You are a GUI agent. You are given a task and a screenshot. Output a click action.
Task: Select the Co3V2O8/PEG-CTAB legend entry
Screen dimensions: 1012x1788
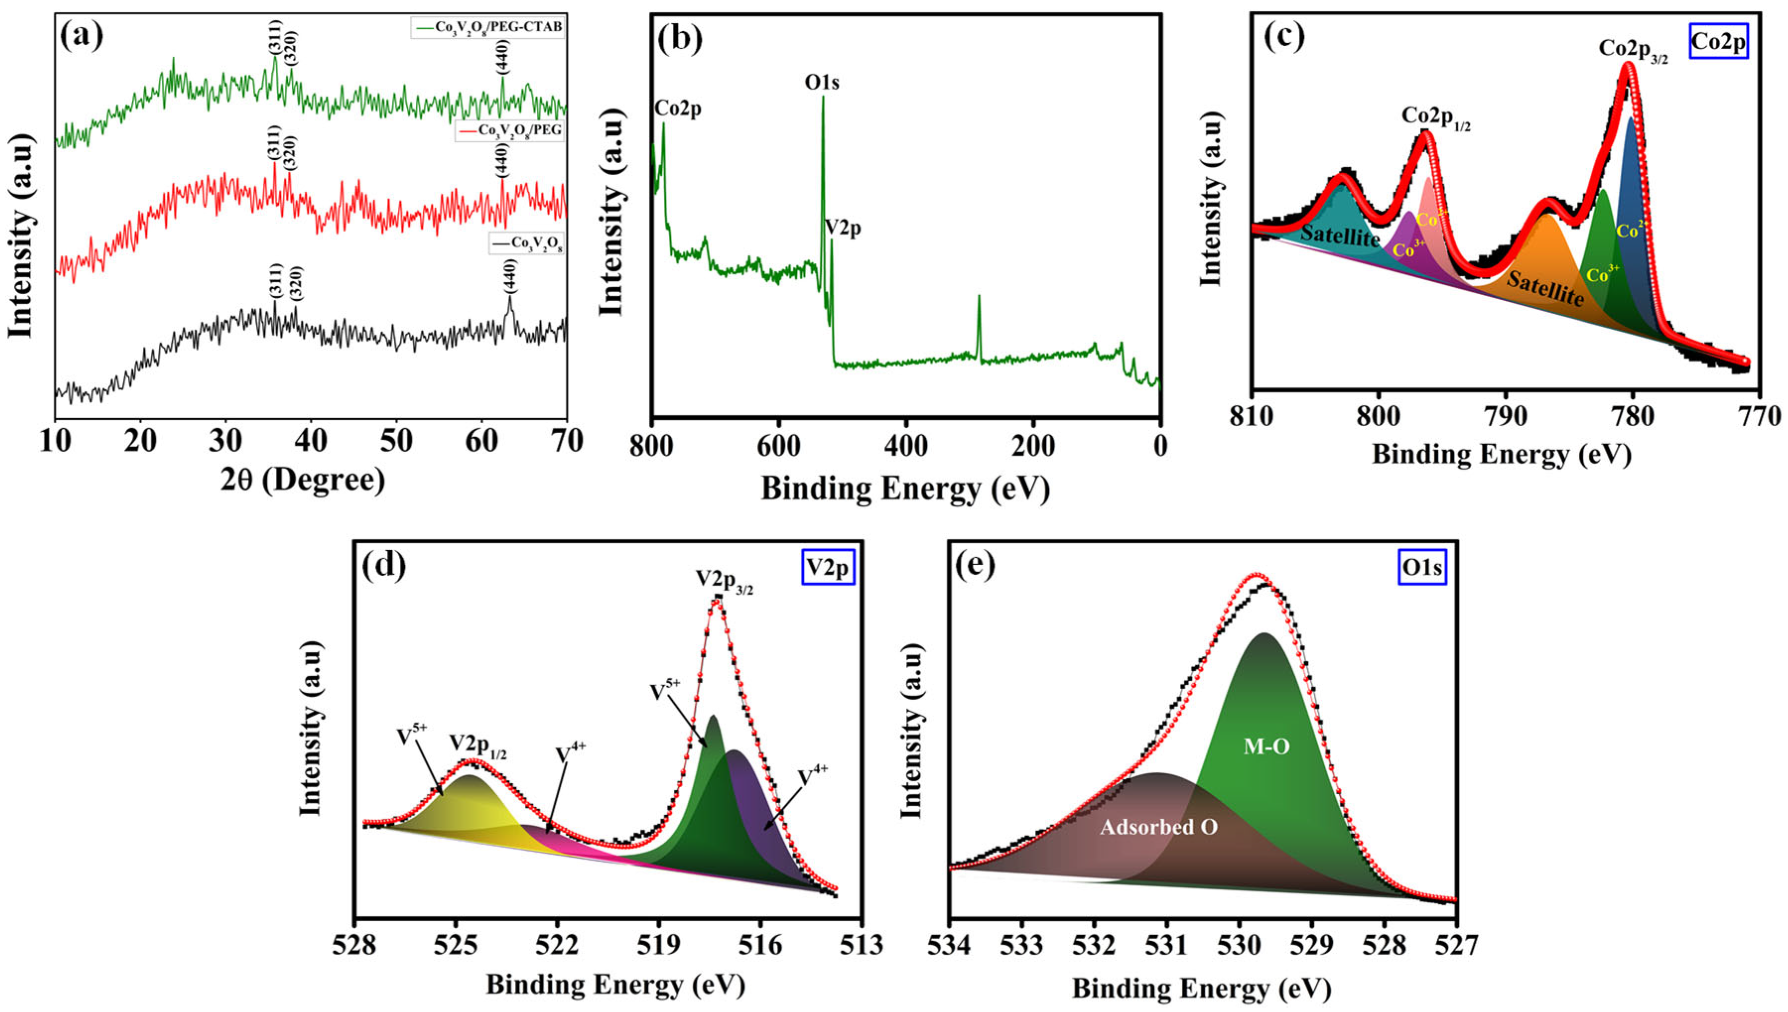point(486,28)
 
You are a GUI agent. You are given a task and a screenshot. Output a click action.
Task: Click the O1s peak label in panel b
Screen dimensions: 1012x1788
point(822,83)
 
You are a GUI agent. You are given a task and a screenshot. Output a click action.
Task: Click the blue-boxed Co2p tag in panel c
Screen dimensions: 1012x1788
point(1718,42)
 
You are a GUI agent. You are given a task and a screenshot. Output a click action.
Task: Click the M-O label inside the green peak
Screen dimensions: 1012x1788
point(1266,747)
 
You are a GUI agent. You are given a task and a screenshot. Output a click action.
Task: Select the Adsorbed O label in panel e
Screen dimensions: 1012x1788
point(1158,827)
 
